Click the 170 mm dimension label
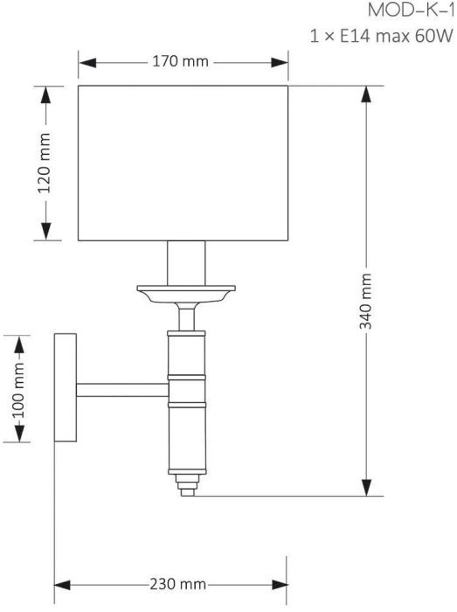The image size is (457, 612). (x=180, y=62)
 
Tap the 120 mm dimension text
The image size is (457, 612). (x=44, y=163)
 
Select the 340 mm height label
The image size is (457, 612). (x=365, y=302)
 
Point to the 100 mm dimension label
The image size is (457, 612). (x=18, y=390)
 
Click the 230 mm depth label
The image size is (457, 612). (x=177, y=584)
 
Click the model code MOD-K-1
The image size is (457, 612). (x=412, y=10)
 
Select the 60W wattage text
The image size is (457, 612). (x=434, y=37)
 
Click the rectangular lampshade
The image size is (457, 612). (x=183, y=163)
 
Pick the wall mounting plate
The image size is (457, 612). (x=66, y=387)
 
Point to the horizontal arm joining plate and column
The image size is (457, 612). (x=122, y=390)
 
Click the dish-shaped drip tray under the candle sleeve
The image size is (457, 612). (x=186, y=295)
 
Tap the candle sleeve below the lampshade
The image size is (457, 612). (x=186, y=263)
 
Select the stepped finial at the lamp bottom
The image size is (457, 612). (x=187, y=485)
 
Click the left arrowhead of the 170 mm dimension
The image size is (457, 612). (x=87, y=62)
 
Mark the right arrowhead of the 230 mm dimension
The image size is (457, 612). (x=280, y=585)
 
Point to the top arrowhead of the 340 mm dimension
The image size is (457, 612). (x=366, y=94)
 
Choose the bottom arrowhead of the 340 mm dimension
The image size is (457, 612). (x=366, y=488)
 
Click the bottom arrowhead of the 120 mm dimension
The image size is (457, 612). (x=46, y=232)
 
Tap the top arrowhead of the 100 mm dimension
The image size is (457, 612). (x=19, y=344)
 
